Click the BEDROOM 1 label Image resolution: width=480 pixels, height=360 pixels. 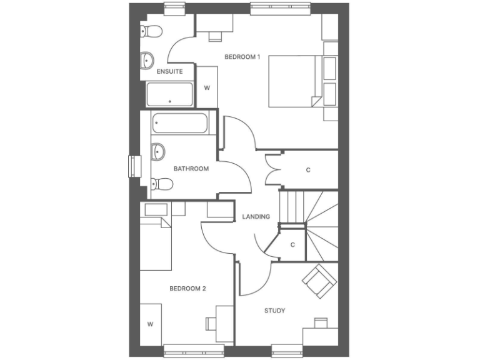242,57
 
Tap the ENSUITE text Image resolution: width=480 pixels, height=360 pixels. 169,71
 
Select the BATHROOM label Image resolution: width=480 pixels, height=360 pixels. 191,169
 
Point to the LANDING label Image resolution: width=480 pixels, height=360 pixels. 256,217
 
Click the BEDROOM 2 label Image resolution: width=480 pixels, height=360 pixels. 187,289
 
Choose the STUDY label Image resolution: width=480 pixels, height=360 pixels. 274,311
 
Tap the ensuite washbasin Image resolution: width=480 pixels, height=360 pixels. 147,59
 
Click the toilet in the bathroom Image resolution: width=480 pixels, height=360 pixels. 161,184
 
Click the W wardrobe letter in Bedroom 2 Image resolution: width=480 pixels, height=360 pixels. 150,324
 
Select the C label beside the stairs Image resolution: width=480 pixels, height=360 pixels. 292,244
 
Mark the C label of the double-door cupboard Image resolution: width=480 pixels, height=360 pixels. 308,169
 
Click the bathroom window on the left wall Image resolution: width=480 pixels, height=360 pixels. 132,166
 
